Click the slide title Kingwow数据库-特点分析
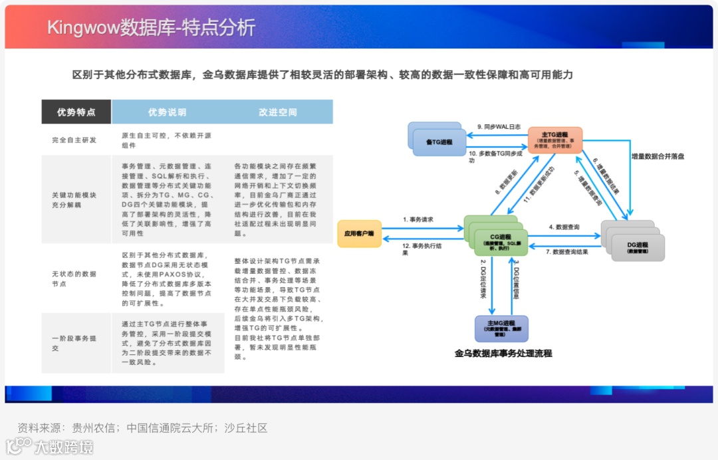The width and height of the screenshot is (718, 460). (x=151, y=27)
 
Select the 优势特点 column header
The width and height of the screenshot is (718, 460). (x=76, y=112)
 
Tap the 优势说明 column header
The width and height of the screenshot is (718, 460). (x=167, y=112)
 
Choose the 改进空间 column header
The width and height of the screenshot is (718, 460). (x=278, y=112)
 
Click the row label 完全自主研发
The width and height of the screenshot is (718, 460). (x=74, y=140)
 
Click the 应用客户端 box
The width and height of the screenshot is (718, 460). (x=359, y=233)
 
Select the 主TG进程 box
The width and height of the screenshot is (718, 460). (x=556, y=140)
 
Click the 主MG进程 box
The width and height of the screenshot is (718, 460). (x=501, y=328)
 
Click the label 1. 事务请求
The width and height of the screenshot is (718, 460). (x=419, y=219)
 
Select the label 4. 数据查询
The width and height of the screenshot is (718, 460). (x=564, y=227)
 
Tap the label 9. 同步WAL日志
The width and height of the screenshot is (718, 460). (x=499, y=126)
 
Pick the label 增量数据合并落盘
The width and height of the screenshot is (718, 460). (x=658, y=156)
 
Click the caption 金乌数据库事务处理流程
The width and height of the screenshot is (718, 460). (x=503, y=354)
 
